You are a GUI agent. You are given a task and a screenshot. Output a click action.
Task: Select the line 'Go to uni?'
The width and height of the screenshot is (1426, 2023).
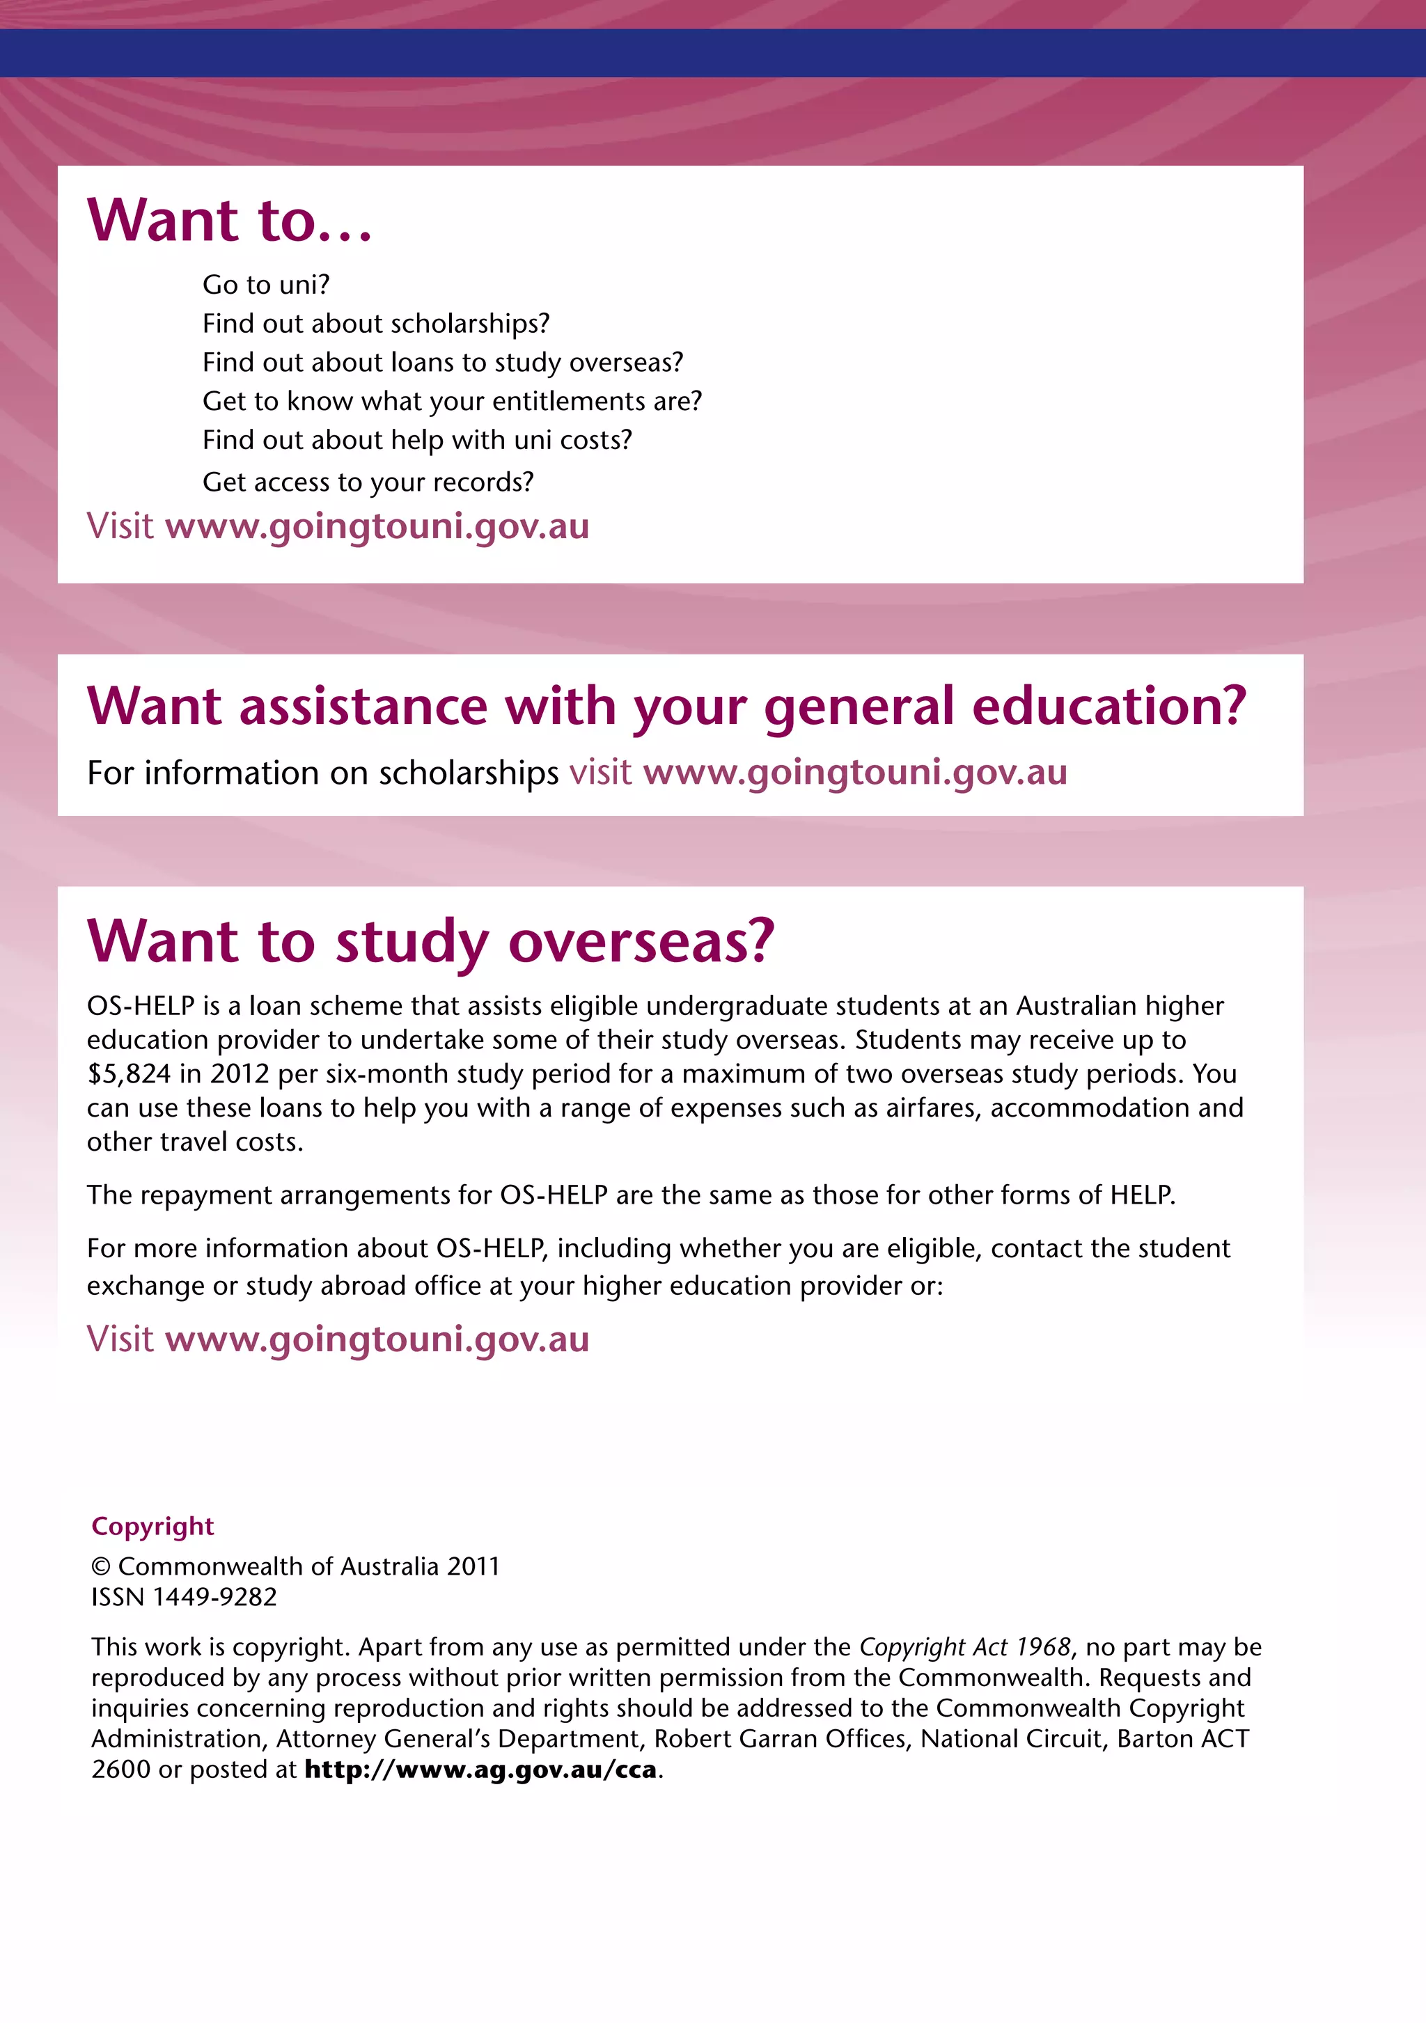tap(265, 285)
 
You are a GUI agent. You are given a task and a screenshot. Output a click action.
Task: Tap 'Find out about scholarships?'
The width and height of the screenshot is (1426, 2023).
tap(375, 324)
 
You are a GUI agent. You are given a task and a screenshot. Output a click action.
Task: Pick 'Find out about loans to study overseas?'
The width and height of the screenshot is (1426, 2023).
tap(442, 362)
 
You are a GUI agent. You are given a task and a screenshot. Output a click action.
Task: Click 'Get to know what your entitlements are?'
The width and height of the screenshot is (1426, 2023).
tap(452, 401)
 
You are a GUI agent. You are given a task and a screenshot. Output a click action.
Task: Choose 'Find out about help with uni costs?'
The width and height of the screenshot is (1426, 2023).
tap(417, 440)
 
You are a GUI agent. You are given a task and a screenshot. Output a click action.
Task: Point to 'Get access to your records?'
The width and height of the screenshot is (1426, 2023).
tap(368, 482)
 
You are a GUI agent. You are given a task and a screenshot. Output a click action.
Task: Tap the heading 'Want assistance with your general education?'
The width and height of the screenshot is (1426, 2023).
tap(666, 707)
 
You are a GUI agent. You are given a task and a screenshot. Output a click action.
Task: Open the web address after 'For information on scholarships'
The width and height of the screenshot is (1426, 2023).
tap(855, 773)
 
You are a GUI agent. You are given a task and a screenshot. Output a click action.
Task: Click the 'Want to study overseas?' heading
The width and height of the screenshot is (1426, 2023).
tap(430, 941)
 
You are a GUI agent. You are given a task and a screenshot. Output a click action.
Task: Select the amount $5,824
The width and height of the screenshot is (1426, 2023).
tap(129, 1074)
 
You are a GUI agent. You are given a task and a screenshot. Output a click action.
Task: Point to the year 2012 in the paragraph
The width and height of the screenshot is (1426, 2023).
tap(239, 1074)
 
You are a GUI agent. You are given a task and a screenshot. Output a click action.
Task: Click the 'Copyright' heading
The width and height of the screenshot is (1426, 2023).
tap(152, 1526)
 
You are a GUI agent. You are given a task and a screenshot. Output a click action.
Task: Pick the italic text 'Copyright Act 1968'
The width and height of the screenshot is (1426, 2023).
tap(964, 1647)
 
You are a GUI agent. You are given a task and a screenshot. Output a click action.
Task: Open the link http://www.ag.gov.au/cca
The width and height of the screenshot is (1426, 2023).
tap(480, 1769)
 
